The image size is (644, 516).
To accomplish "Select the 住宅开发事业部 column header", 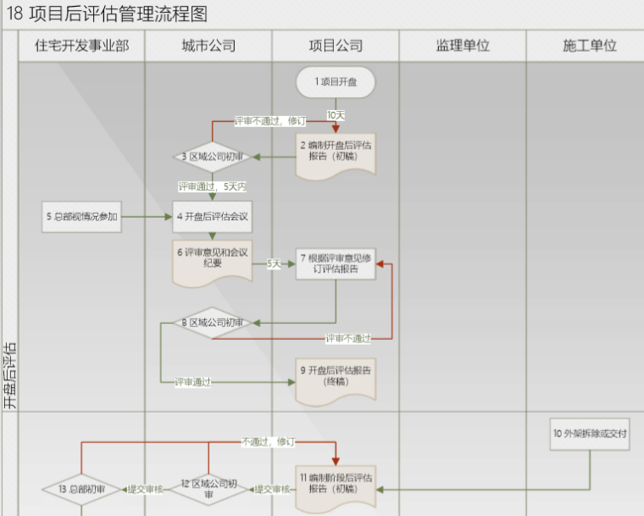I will pyautogui.click(x=81, y=47).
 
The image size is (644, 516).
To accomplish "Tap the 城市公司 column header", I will pyautogui.click(x=208, y=47).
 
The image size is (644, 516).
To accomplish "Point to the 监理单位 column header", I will pyautogui.click(x=463, y=47).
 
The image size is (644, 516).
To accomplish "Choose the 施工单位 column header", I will pyautogui.click(x=589, y=47).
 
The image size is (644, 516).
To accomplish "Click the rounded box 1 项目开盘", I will pyautogui.click(x=336, y=82).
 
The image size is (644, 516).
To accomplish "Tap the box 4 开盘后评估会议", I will pyautogui.click(x=213, y=217).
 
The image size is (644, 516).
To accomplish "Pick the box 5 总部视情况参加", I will pyautogui.click(x=81, y=217).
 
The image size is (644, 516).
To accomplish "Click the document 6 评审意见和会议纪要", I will pyautogui.click(x=213, y=259).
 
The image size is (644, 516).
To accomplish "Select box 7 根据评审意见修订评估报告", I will pyautogui.click(x=336, y=264).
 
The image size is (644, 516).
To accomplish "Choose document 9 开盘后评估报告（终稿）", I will pyautogui.click(x=336, y=377).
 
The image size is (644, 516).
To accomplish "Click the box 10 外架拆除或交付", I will pyautogui.click(x=589, y=434).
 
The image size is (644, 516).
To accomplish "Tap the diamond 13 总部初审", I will pyautogui.click(x=81, y=489).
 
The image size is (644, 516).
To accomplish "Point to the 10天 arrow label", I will pyautogui.click(x=336, y=114).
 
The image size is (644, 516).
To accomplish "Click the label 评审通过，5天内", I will pyautogui.click(x=212, y=186).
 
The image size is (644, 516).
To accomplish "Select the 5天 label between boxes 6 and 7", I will pyautogui.click(x=274, y=264).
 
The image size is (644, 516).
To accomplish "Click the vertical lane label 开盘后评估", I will pyautogui.click(x=9, y=376).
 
